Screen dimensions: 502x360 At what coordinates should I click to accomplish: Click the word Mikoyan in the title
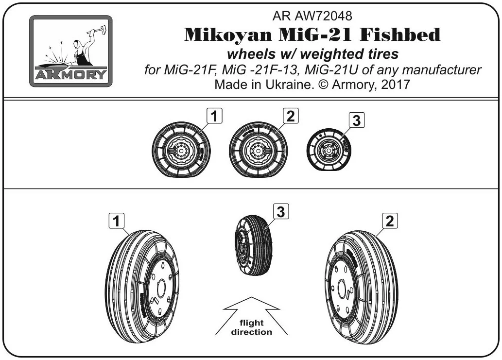click(228, 34)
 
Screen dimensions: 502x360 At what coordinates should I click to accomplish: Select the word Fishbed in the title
click(400, 34)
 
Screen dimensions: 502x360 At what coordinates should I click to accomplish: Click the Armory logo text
click(70, 74)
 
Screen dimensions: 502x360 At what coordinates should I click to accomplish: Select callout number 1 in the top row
click(214, 116)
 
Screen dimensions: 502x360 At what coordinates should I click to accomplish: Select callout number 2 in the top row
click(291, 116)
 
